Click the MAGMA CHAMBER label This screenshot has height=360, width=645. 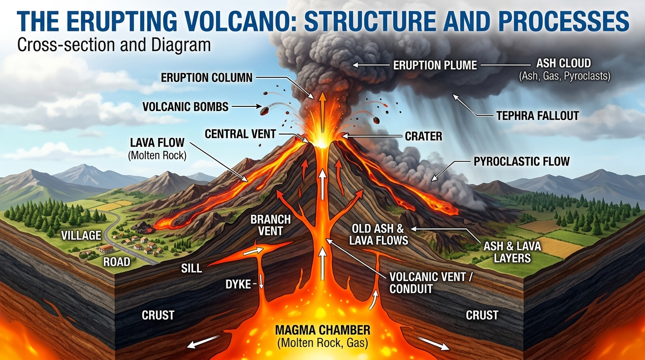click(323, 330)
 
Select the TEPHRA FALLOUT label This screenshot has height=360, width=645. click(538, 116)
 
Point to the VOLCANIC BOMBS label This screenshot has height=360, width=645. click(186, 107)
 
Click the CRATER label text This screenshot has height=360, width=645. click(424, 136)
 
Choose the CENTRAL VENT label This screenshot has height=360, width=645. click(240, 134)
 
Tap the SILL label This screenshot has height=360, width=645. click(191, 269)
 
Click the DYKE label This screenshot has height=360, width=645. click(238, 285)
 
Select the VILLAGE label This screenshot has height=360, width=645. click(81, 236)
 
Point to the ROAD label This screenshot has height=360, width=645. click(117, 262)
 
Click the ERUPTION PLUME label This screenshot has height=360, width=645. click(435, 65)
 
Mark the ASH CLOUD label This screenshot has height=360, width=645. click(563, 63)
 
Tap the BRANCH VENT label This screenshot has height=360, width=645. click(270, 225)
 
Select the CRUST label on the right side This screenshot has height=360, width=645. click(482, 315)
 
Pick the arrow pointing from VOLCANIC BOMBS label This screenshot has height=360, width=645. click(247, 106)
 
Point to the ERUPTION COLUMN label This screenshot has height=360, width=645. click(206, 77)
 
